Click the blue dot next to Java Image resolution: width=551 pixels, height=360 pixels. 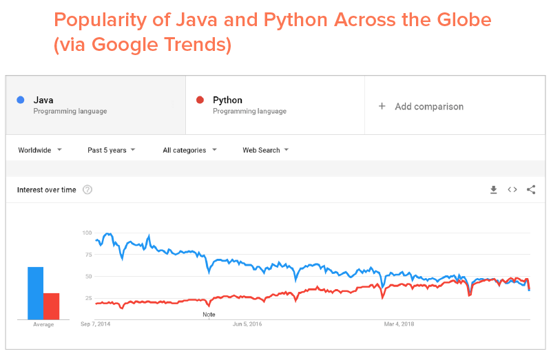21,100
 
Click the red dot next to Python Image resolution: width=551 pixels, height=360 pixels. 200,100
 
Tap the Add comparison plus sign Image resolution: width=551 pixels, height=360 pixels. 382,107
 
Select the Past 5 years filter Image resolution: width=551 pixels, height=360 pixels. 111,150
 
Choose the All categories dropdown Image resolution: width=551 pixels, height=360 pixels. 189,150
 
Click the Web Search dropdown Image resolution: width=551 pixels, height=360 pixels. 265,150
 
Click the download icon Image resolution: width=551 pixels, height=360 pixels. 493,190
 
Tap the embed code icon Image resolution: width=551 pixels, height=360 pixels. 512,190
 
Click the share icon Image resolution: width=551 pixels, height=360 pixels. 531,190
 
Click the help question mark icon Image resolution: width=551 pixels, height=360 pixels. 87,190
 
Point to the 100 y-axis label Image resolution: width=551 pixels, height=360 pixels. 87,233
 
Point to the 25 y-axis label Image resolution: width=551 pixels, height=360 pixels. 88,298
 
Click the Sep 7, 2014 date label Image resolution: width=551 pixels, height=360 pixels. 95,324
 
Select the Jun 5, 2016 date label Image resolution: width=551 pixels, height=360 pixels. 247,324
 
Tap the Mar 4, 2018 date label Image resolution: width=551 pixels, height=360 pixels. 399,324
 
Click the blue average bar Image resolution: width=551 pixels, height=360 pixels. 35,293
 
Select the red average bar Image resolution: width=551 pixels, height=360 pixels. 52,306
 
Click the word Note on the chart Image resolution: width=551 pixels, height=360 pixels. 209,315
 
